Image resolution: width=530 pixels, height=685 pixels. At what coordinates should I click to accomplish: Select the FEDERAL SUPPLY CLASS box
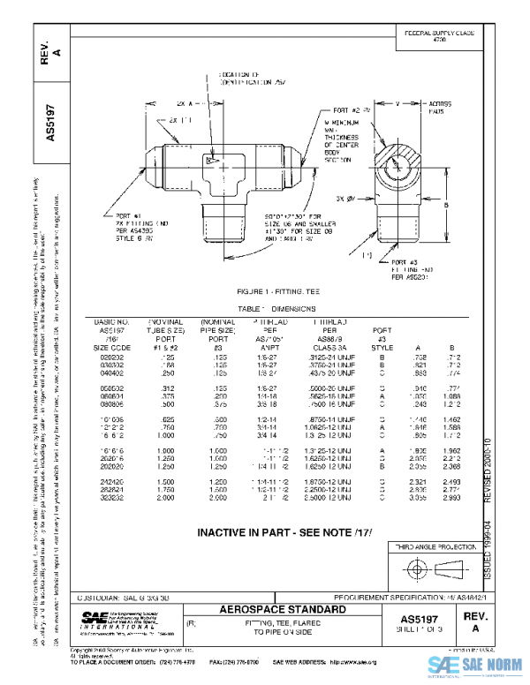point(439,36)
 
